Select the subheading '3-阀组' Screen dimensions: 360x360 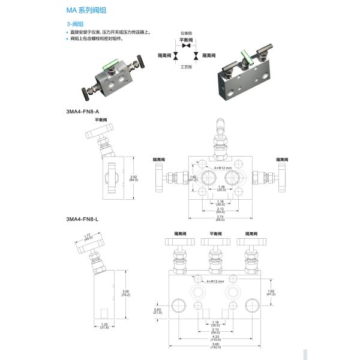[74, 24]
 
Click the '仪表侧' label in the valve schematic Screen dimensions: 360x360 [187, 35]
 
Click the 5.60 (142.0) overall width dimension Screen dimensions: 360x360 [216, 346]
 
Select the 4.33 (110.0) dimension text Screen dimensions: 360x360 [216, 338]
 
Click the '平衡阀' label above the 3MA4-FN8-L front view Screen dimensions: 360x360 [215, 233]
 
